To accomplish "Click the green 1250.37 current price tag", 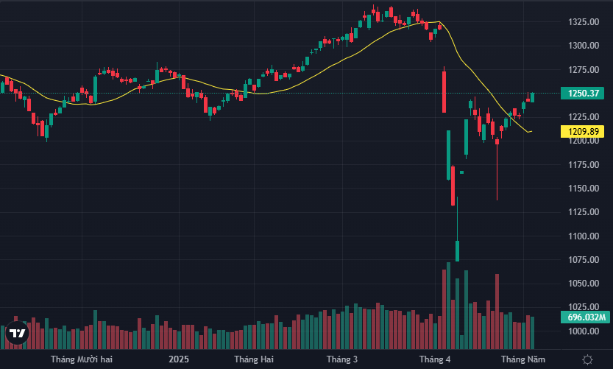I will (x=581, y=94).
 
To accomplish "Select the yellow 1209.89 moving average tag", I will (x=581, y=132).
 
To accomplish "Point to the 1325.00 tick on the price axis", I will (x=582, y=22).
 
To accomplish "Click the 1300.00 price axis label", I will (x=582, y=46).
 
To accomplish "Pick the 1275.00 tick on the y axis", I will (x=582, y=70).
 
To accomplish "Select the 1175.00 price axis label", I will (x=582, y=165).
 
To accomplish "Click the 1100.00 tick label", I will (x=582, y=236).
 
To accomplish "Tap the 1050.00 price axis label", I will (x=582, y=284).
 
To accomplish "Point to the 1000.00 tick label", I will (x=582, y=331).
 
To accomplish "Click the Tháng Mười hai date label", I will (x=82, y=359).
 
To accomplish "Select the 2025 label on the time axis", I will (x=179, y=359).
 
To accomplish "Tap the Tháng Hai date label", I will (x=254, y=359).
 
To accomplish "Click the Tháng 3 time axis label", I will (x=342, y=359).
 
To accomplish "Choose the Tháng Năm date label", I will (x=523, y=359).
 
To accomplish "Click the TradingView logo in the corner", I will (x=18, y=333).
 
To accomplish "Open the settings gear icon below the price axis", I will (x=587, y=359).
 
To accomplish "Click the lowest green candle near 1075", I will (x=457, y=250).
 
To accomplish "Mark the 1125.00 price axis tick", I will (x=582, y=212).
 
